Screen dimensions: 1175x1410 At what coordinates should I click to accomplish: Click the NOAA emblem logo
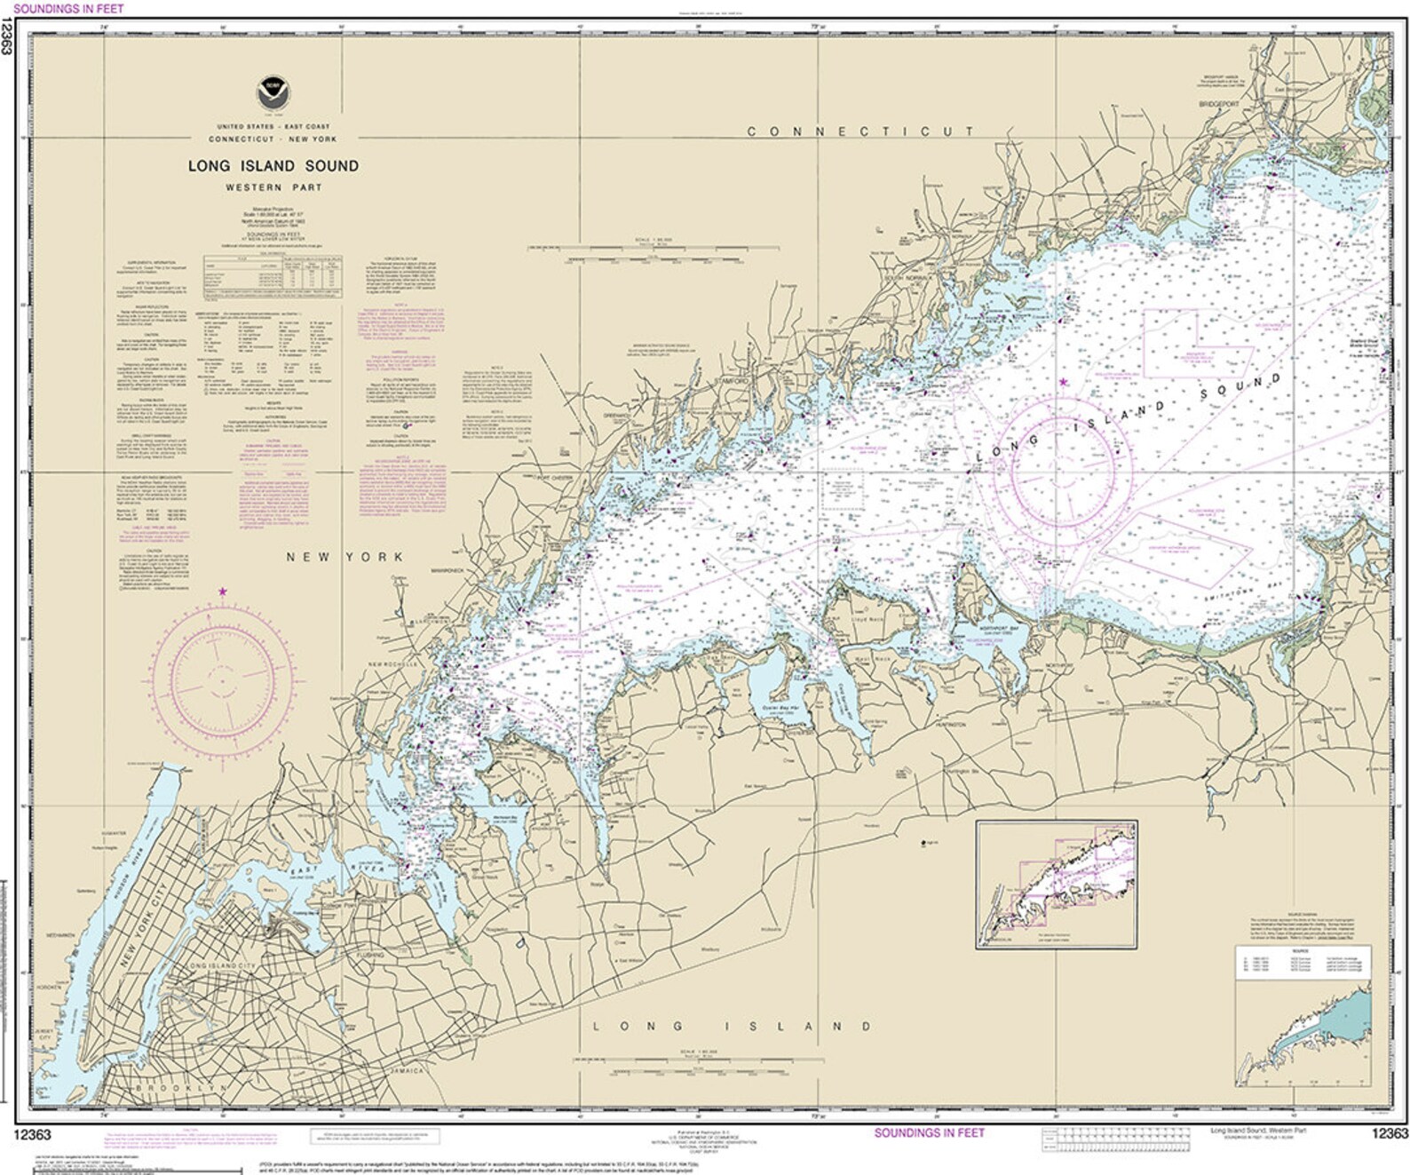pos(267,90)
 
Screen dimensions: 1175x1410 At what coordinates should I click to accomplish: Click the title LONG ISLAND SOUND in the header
pos(273,165)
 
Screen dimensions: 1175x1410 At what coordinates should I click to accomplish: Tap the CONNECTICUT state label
pos(860,131)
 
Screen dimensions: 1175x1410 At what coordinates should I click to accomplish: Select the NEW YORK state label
pos(345,557)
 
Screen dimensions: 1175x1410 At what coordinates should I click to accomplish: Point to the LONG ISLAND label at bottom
pos(733,1027)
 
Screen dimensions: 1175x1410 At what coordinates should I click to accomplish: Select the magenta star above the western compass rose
pos(222,591)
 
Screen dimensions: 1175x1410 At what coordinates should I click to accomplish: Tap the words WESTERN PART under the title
pos(272,188)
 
